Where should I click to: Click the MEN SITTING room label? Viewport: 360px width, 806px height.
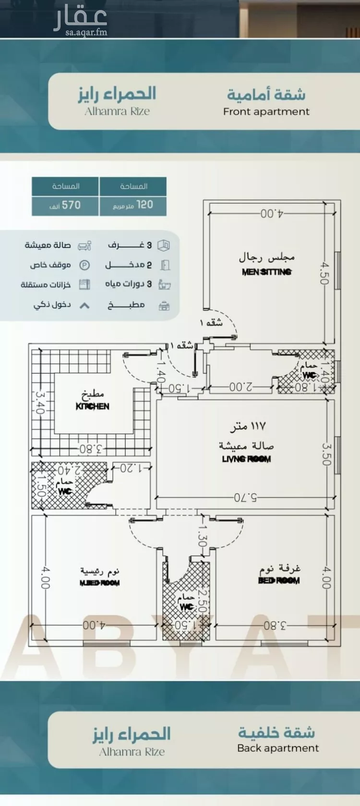[x=266, y=272]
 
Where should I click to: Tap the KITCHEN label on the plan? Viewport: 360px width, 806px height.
[x=92, y=406]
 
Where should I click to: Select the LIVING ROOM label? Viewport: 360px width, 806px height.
[x=246, y=459]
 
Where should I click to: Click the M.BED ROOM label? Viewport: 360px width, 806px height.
[x=99, y=583]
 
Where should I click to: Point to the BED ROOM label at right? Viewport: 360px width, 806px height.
[x=278, y=580]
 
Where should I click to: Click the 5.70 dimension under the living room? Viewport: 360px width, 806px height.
[x=245, y=497]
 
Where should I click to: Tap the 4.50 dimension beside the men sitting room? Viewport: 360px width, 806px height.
[x=325, y=273]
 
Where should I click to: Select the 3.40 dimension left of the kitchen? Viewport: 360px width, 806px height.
[x=40, y=402]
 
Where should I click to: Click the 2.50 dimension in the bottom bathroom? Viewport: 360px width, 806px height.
[x=202, y=601]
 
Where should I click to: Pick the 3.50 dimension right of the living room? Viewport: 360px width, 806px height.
[x=326, y=454]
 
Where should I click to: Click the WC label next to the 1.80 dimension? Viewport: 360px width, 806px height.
[x=309, y=375]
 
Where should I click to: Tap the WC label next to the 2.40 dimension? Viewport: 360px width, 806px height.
[x=64, y=491]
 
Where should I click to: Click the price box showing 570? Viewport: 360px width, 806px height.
[x=65, y=205]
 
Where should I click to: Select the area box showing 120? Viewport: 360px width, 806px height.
[x=133, y=205]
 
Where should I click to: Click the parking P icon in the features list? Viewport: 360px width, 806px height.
[x=84, y=265]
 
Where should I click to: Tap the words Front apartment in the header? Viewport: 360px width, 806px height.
[x=266, y=112]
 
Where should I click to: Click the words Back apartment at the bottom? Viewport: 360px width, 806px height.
[x=277, y=748]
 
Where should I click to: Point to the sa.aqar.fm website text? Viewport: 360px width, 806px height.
[x=86, y=32]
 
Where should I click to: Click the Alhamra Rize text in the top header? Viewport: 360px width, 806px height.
[x=117, y=111]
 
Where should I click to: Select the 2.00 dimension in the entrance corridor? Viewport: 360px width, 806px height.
[x=240, y=386]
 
